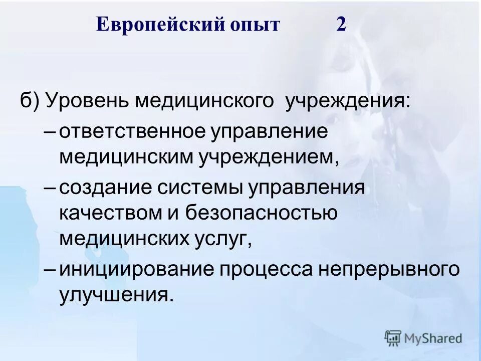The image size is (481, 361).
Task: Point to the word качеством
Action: [x=110, y=213]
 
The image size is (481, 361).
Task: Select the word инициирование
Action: [x=135, y=269]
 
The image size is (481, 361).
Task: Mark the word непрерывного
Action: [x=389, y=269]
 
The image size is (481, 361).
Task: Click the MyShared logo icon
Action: [x=393, y=338]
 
